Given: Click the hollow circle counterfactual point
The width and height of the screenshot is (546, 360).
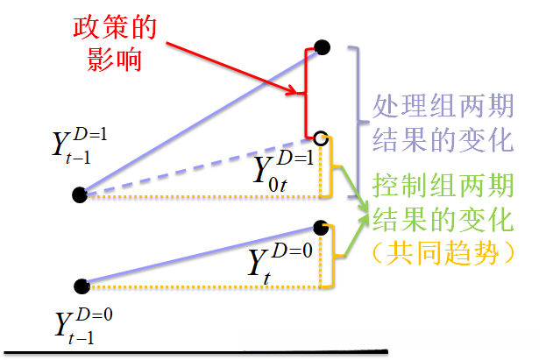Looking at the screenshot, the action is pos(321,138).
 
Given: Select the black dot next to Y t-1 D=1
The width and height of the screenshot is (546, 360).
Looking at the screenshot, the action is pos(81,194).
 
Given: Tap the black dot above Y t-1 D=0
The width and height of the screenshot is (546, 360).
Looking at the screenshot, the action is pos(82,285).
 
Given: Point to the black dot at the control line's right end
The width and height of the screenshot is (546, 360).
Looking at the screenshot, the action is pos(321,227).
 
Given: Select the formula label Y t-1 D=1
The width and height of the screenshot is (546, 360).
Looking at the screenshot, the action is pos(78,149).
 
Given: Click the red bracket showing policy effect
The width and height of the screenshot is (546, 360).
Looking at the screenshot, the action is pos(306,92).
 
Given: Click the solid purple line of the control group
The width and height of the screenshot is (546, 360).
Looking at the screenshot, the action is pos(202,256).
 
